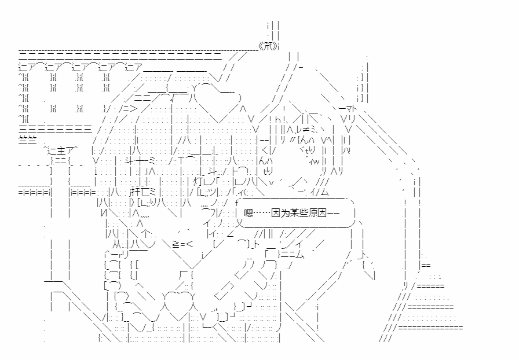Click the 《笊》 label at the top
[269, 46]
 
